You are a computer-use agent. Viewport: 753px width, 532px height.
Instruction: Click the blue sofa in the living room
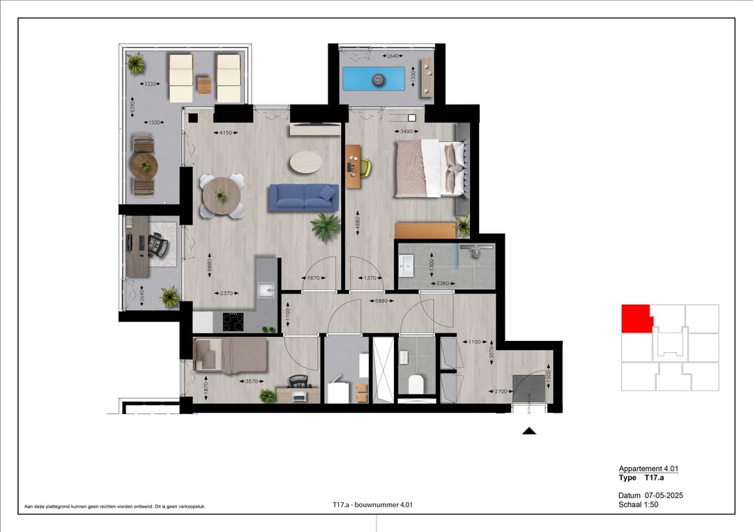point(303,197)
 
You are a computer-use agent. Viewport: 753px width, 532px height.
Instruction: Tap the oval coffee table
point(306,162)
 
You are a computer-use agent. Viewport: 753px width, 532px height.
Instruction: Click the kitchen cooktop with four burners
point(233,321)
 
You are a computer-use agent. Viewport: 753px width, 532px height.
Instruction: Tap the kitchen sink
point(265,290)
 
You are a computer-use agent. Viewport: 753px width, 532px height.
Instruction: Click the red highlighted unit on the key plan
point(635,319)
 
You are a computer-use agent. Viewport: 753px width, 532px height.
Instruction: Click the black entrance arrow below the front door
point(529,432)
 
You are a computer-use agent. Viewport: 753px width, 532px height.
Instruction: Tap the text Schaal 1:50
point(638,505)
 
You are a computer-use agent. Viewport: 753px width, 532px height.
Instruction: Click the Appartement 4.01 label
point(648,469)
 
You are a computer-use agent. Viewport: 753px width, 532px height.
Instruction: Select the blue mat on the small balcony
point(377,79)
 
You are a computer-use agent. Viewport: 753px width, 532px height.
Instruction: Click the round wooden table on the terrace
point(144,167)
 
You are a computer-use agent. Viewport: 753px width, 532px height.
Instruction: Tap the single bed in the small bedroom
point(231,356)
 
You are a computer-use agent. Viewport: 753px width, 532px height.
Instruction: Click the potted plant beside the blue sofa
point(326,226)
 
